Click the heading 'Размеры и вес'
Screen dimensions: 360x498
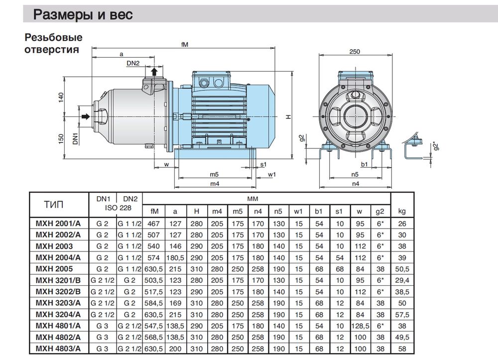coord(83,15)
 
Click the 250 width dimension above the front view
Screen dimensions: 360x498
coord(355,51)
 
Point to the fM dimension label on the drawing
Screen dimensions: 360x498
coord(185,45)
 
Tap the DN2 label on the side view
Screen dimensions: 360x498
coord(132,62)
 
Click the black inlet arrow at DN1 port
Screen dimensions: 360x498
coord(85,116)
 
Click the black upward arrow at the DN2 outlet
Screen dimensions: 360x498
coord(154,72)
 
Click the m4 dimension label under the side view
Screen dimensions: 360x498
coord(215,184)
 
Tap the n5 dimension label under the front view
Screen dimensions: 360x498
coord(355,175)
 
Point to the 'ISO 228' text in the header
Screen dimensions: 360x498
coord(115,208)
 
